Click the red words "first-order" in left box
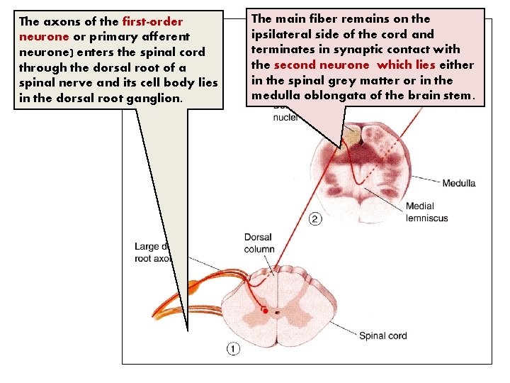tap(153, 21)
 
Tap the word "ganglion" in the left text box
tap(155, 99)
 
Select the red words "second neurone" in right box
tap(321, 65)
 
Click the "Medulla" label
tap(458, 184)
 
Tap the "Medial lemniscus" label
tap(426, 212)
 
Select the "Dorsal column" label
tap(259, 243)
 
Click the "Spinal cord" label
tap(382, 335)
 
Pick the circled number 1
tap(233, 348)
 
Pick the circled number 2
tap(316, 218)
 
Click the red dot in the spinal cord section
tap(265, 311)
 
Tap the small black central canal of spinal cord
tap(278, 311)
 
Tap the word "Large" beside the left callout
tap(147, 248)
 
